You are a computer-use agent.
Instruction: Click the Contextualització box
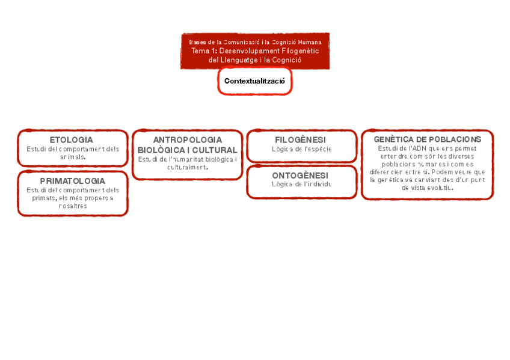254,81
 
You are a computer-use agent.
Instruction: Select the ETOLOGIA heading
72,140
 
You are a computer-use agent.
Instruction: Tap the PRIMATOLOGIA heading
72,181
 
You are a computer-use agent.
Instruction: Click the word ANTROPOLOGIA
187,140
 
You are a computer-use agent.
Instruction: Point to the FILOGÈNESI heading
300,140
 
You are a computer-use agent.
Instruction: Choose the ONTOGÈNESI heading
300,175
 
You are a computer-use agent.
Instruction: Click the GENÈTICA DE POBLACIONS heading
427,139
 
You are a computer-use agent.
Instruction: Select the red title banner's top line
255,42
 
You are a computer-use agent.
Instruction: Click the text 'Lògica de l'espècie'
301,149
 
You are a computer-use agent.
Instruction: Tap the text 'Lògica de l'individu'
301,185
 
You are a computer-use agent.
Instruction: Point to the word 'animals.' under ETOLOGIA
73,157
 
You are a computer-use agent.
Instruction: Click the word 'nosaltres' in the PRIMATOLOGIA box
73,206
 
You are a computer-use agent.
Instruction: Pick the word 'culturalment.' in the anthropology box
188,167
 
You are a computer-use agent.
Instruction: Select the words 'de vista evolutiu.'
427,188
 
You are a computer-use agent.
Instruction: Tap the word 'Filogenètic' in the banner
300,51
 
